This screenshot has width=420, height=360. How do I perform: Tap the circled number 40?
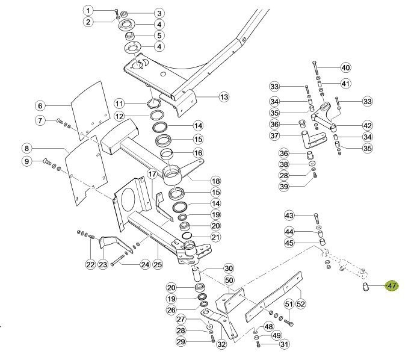(x=345, y=67)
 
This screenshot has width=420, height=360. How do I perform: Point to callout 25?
(x=158, y=264)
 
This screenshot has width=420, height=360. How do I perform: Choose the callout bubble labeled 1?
(x=88, y=11)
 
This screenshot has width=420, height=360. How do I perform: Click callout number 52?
(x=301, y=303)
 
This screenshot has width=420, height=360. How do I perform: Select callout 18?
(x=215, y=181)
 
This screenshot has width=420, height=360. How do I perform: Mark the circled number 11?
(x=119, y=104)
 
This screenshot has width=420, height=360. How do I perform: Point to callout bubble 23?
(x=103, y=264)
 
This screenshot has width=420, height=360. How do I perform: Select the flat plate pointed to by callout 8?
(x=84, y=172)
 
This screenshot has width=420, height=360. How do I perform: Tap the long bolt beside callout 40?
(x=315, y=69)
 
